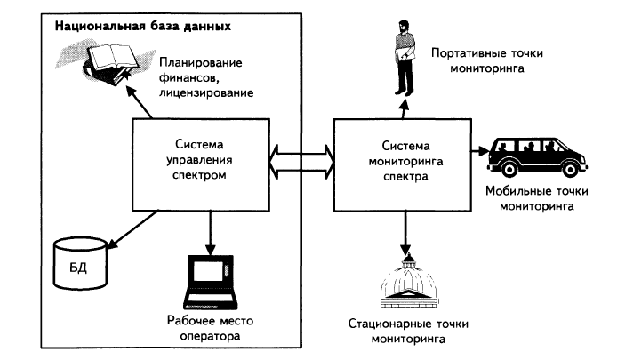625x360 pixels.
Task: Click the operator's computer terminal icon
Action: [211, 282]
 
